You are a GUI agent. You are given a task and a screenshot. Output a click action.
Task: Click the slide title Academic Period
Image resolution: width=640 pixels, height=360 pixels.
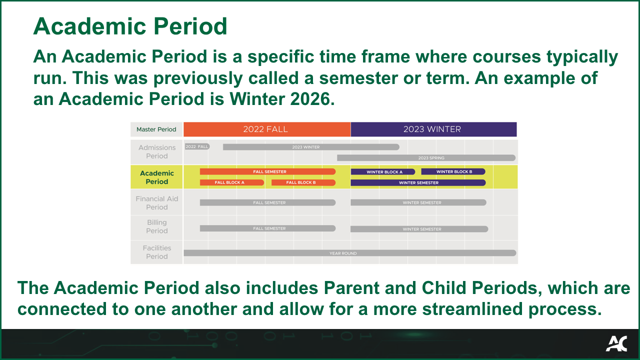[x=130, y=26]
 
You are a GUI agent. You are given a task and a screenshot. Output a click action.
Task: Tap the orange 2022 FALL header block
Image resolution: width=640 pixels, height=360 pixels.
[x=267, y=129]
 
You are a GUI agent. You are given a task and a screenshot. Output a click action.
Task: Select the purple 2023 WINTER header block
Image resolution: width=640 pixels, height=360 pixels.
[x=433, y=129]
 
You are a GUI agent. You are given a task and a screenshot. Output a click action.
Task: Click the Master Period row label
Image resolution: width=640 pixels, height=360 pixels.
[x=156, y=129]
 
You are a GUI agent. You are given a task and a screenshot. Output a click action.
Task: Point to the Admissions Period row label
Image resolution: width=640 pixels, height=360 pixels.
[x=157, y=151]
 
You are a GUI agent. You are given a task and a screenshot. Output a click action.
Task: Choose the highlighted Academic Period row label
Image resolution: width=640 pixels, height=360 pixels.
[x=157, y=177]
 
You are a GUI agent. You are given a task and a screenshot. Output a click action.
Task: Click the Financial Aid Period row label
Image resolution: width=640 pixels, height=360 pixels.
[x=157, y=203]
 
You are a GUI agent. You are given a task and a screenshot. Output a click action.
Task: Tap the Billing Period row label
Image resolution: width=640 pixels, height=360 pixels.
[x=157, y=226]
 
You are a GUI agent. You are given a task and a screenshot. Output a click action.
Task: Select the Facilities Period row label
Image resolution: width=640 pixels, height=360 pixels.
[x=157, y=252]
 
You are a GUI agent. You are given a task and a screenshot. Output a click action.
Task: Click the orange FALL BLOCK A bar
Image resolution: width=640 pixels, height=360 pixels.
[x=231, y=182]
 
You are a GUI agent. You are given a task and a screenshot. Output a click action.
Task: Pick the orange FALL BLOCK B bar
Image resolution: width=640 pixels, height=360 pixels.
[x=303, y=182]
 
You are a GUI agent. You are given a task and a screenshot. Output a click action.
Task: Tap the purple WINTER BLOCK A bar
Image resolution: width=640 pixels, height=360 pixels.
[x=383, y=171]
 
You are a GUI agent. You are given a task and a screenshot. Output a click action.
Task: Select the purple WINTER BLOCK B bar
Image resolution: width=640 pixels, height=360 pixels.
[x=453, y=171]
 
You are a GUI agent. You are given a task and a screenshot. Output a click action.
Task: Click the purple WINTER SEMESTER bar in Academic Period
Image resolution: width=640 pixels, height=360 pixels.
[x=418, y=182]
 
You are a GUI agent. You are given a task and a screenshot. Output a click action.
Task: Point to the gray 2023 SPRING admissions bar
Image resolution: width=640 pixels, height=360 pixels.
[x=426, y=157]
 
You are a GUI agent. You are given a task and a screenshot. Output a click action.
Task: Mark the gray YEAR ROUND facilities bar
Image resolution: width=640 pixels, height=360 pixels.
[x=350, y=253]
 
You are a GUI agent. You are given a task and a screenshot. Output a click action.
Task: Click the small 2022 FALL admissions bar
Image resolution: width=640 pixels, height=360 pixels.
[x=197, y=146]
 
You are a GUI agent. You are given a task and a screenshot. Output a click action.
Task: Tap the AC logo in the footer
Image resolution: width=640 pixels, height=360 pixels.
[x=617, y=343]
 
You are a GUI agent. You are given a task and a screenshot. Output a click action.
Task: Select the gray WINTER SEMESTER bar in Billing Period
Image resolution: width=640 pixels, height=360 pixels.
[x=419, y=229]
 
